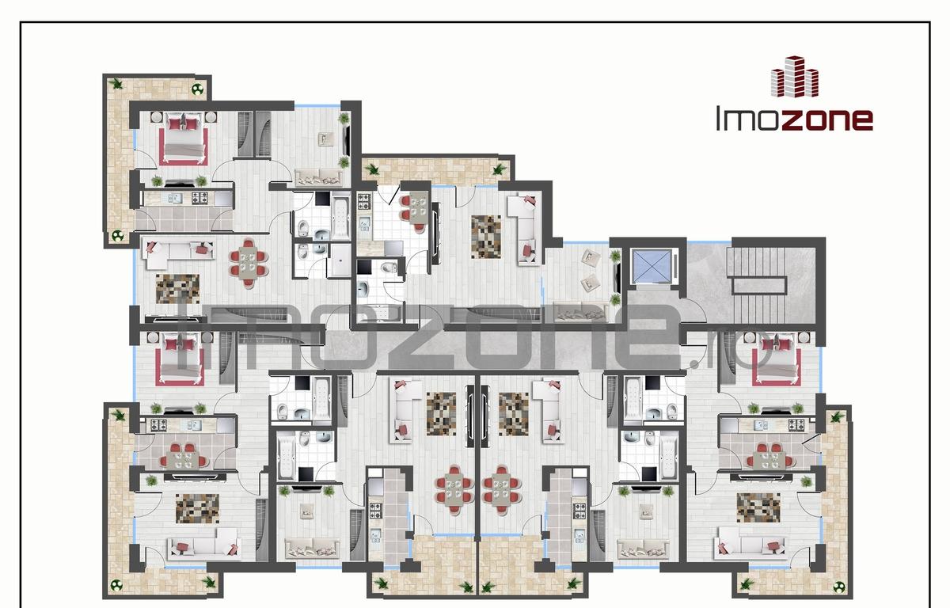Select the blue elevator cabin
[651, 265]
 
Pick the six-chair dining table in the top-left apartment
[249, 264]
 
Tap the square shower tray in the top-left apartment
[339, 260]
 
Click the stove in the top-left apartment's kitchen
[199, 198]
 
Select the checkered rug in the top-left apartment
[177, 289]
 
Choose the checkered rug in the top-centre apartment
[486, 237]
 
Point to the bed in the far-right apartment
[777, 359]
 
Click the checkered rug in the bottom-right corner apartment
[758, 507]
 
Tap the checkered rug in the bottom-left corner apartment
[198, 508]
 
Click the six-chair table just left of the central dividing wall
[454, 490]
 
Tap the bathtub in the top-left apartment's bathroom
[340, 217]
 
